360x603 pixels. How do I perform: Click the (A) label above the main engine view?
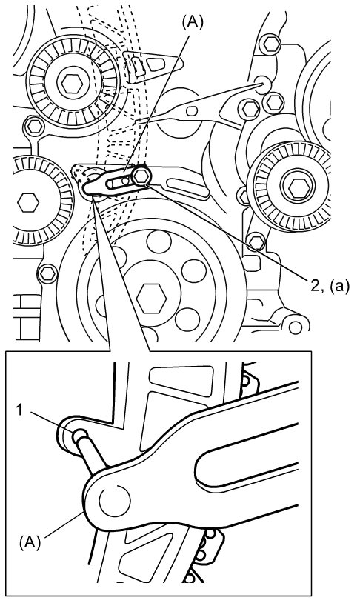(192, 23)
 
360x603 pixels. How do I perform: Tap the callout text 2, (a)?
(330, 286)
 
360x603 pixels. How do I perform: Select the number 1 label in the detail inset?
(20, 410)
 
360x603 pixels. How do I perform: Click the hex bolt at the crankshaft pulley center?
(152, 298)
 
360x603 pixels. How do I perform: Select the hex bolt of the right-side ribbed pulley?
(297, 187)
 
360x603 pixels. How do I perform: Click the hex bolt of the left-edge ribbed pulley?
(27, 202)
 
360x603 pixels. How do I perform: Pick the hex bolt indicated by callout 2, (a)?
(141, 176)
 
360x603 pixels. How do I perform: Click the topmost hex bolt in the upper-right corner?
(271, 44)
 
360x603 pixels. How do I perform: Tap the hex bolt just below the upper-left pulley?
(35, 125)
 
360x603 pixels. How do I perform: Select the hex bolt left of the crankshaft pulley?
(47, 273)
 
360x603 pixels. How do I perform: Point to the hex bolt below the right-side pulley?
(256, 242)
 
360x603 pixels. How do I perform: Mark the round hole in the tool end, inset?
(115, 501)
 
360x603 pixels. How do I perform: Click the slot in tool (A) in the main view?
(120, 182)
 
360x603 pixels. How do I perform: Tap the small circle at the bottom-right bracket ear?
(296, 327)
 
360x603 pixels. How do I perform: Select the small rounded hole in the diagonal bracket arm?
(192, 111)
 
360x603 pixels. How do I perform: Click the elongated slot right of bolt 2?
(188, 187)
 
